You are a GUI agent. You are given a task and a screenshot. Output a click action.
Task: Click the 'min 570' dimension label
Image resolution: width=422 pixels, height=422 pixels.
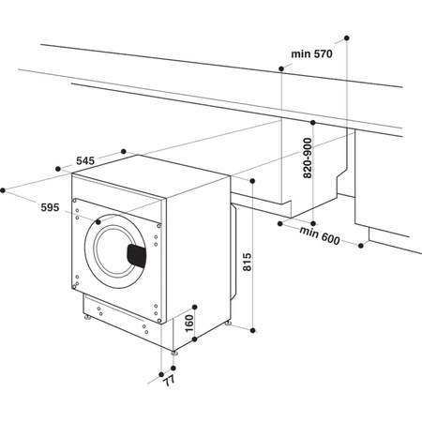pos(311,55)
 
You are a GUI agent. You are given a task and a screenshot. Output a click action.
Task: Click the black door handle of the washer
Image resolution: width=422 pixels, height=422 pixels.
pos(137,253)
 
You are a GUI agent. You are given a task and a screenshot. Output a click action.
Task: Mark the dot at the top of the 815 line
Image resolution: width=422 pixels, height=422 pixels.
pos(253,178)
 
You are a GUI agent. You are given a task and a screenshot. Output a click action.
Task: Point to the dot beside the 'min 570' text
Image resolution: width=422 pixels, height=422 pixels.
pos(282,68)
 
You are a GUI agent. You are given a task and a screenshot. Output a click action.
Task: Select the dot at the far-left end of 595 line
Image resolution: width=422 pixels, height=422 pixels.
pos(5,189)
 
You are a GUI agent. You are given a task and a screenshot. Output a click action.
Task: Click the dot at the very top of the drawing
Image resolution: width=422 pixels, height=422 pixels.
pos(346,38)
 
